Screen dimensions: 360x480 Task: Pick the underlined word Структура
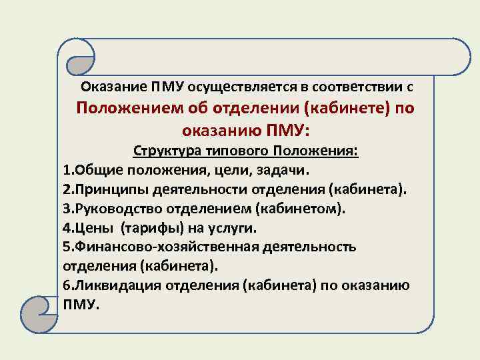coord(164,151)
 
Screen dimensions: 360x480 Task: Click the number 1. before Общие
coord(69,170)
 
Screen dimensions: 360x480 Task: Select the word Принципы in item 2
coord(105,189)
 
